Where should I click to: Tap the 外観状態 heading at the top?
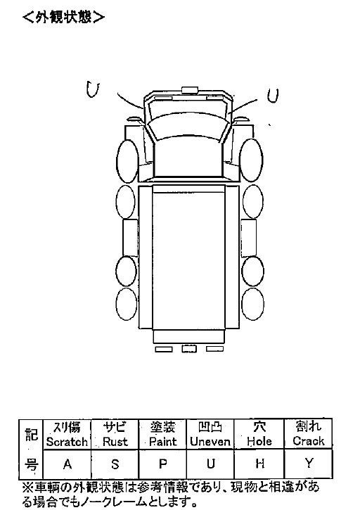pyautogui.click(x=64, y=18)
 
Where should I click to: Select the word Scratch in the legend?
pyautogui.click(x=67, y=442)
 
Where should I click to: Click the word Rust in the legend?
pyautogui.click(x=115, y=442)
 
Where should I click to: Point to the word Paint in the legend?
pyautogui.click(x=162, y=442)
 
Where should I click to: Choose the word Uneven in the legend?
pyautogui.click(x=210, y=441)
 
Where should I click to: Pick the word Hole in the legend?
pyautogui.click(x=259, y=441)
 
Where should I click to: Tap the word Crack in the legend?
pyautogui.click(x=308, y=441)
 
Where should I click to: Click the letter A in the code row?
pyautogui.click(x=67, y=464)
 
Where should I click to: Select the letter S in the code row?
pyautogui.click(x=115, y=464)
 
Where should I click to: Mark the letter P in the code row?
pyautogui.click(x=163, y=464)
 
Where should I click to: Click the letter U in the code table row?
pyautogui.click(x=211, y=464)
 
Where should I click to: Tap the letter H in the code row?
pyautogui.click(x=259, y=464)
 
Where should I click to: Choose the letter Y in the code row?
pyautogui.click(x=309, y=463)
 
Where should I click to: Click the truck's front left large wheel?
pyautogui.click(x=127, y=161)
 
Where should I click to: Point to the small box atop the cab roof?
pyautogui.click(x=190, y=90)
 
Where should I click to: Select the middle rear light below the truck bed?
pyautogui.click(x=189, y=349)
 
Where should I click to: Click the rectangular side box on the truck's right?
pyautogui.click(x=248, y=238)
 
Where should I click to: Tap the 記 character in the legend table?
pyautogui.click(x=32, y=434)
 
